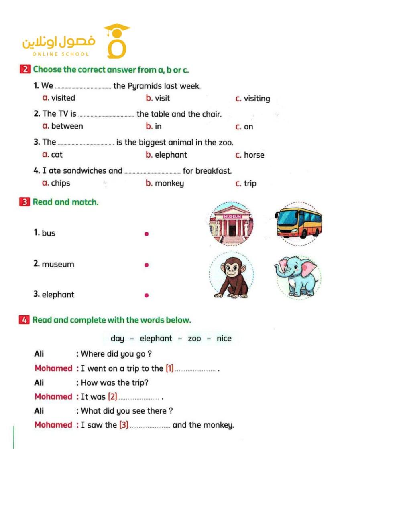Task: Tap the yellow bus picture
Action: (x=299, y=224)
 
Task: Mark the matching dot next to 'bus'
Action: (x=147, y=234)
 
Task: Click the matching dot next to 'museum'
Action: (x=147, y=265)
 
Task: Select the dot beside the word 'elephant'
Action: (x=147, y=295)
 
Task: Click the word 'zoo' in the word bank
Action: (x=194, y=339)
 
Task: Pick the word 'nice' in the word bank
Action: (x=224, y=339)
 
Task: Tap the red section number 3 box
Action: (x=24, y=202)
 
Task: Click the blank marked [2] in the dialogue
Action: (x=139, y=398)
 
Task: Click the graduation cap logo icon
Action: (x=116, y=41)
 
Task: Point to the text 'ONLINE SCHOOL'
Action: (x=61, y=54)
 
